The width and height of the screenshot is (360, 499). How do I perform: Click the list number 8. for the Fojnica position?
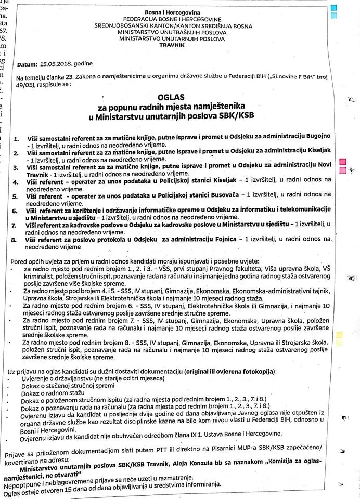pyautogui.click(x=15, y=241)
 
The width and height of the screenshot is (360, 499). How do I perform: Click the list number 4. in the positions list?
pyautogui.click(x=15, y=182)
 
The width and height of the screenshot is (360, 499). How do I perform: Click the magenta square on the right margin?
pyautogui.click(x=342, y=162)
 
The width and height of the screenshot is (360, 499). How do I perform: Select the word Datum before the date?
pyautogui.click(x=27, y=64)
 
